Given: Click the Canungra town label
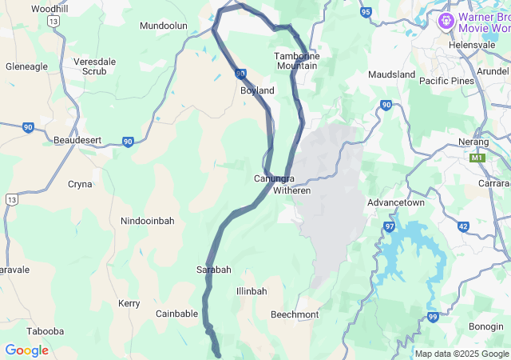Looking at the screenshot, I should click(x=274, y=178).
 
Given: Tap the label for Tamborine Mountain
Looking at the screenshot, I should click(x=296, y=61).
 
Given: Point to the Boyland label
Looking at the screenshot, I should click(x=257, y=90).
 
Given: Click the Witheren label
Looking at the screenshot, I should click(x=291, y=191).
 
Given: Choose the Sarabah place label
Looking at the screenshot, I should click(x=214, y=270).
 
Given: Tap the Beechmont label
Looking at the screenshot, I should click(x=295, y=314).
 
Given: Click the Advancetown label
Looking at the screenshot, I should click(x=395, y=202).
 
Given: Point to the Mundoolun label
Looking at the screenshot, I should click(x=163, y=26).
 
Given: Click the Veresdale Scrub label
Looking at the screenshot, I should click(x=95, y=66).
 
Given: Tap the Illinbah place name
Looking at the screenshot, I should click(x=252, y=291).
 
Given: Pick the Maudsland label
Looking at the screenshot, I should click(x=391, y=74).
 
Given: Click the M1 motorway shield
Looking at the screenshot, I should click(x=477, y=158).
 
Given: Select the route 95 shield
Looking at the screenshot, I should click(x=366, y=12).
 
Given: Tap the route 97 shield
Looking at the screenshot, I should click(x=390, y=227).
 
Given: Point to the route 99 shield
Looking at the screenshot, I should click(x=433, y=317).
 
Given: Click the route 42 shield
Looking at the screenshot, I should click(x=463, y=226).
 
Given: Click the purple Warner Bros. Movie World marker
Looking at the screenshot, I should click(x=446, y=18).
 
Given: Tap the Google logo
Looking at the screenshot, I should click(x=26, y=350).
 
